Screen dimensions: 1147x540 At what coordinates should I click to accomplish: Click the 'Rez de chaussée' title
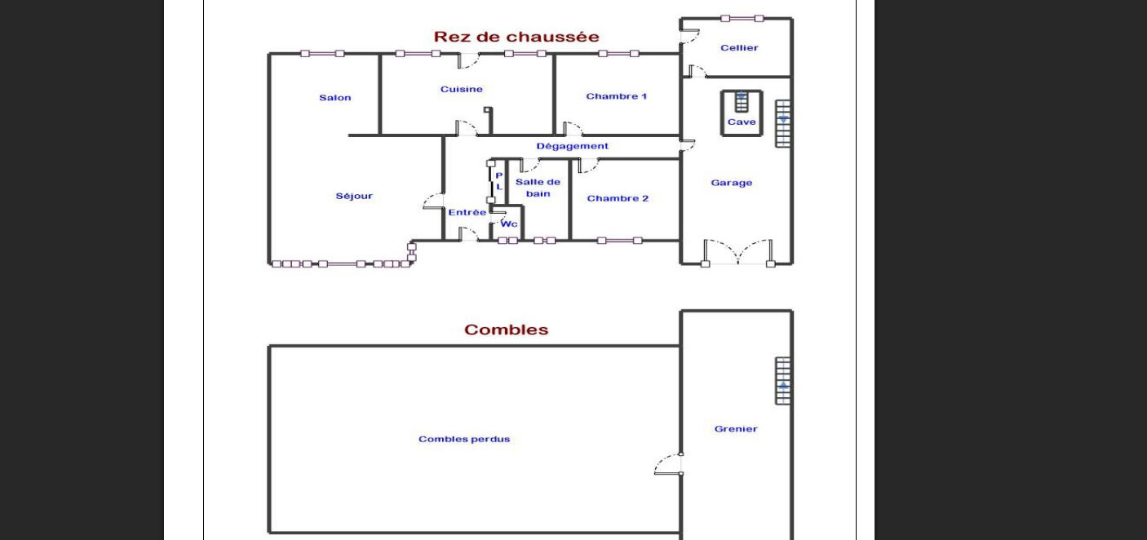point(516,37)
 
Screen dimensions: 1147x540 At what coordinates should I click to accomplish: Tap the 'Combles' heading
point(506,330)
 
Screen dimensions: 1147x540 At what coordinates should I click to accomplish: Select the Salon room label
point(335,98)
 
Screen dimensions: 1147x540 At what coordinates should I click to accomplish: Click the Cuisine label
point(462,89)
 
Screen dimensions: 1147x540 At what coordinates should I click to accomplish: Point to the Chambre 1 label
point(617,96)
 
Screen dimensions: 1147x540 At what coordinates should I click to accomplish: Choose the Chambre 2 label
point(618,198)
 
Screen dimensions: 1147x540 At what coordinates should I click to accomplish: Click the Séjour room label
point(354,196)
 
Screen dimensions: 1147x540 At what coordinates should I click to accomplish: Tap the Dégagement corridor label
point(572,146)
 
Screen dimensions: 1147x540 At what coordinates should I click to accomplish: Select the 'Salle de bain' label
point(538,188)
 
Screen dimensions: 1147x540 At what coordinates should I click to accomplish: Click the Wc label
point(509,224)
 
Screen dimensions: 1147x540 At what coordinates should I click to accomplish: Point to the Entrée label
point(467,212)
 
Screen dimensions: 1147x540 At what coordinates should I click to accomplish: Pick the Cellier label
point(739,47)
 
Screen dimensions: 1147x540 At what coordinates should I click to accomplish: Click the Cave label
point(742,122)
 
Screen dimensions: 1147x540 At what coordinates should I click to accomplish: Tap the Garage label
point(731,183)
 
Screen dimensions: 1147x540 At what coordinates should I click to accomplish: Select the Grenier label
point(736,429)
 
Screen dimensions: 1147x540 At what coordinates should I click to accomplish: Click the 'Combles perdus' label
point(464,439)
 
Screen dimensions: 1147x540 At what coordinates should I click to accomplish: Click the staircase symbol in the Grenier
point(783,381)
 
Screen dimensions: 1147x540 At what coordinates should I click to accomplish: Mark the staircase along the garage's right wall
point(783,123)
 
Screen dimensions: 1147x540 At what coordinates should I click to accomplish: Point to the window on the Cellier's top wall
point(742,19)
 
